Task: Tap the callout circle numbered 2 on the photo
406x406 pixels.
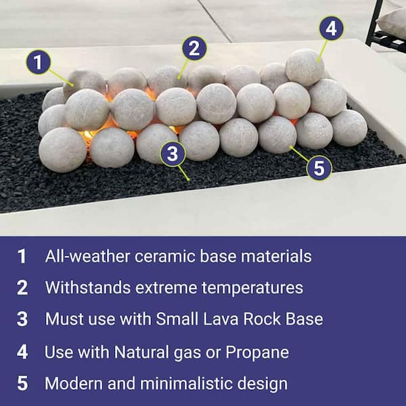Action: (x=194, y=48)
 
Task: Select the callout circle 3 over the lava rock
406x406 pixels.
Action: (x=173, y=154)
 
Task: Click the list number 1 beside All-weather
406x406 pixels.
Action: (x=22, y=256)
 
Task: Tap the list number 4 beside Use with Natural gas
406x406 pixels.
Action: (x=22, y=353)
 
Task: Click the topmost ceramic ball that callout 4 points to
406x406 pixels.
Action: (x=304, y=66)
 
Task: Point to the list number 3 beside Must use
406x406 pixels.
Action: (x=22, y=319)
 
